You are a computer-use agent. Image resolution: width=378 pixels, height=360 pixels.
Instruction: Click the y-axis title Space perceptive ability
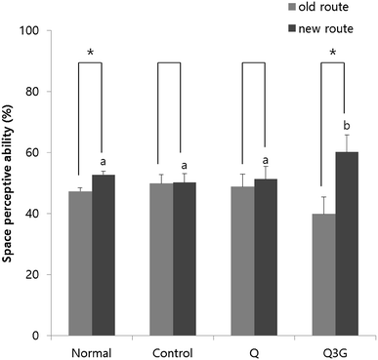point(12,183)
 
